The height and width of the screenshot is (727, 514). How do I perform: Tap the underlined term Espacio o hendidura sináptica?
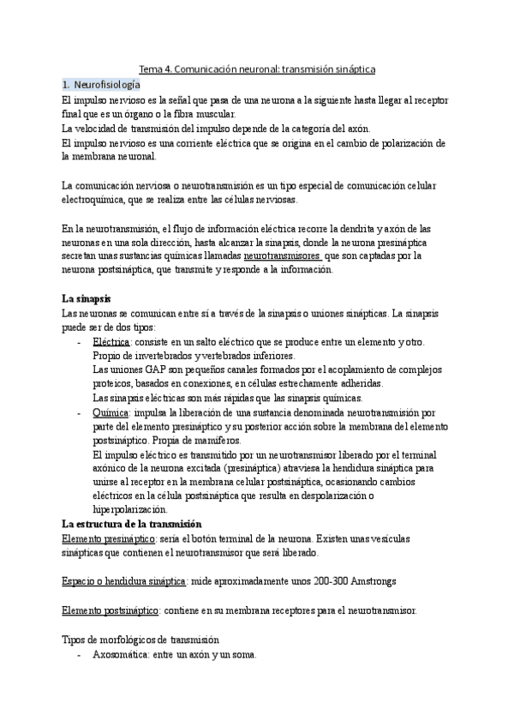click(124, 581)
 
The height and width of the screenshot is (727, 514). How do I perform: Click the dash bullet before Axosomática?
click(80, 653)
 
